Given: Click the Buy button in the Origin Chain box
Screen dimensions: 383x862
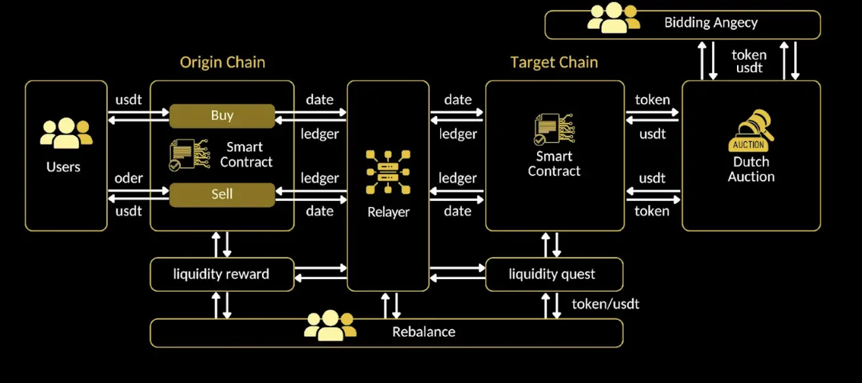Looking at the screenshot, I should click(x=222, y=116).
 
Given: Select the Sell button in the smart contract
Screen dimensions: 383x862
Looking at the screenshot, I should click(x=222, y=194).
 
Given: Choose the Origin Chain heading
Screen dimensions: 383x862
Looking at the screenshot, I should click(x=222, y=62).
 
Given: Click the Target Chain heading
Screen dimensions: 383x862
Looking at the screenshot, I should click(x=554, y=62).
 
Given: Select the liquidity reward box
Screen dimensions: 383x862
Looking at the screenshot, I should click(x=222, y=274).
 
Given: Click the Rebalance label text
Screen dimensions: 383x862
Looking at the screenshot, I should click(x=424, y=332).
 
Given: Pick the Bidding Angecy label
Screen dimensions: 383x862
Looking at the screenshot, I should click(x=711, y=23).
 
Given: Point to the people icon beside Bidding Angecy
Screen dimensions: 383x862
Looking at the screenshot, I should click(x=613, y=18).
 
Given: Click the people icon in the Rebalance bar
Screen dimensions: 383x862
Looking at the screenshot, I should click(x=330, y=325).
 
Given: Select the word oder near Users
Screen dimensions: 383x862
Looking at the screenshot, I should click(x=129, y=178).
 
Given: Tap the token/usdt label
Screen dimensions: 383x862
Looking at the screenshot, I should click(x=605, y=304).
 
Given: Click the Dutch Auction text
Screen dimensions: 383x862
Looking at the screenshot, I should click(x=751, y=169).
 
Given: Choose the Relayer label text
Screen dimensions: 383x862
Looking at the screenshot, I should click(x=388, y=212).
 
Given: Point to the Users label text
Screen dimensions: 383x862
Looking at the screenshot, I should click(x=64, y=167).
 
